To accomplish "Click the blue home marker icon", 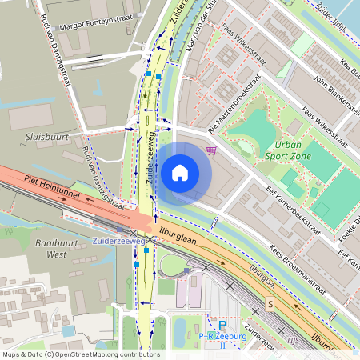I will [180, 171].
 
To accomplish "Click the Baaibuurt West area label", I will [45, 249].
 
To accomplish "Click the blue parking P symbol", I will [223, 325].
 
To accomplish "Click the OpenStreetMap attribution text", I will [81, 354].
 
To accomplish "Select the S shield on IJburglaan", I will [270, 304].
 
